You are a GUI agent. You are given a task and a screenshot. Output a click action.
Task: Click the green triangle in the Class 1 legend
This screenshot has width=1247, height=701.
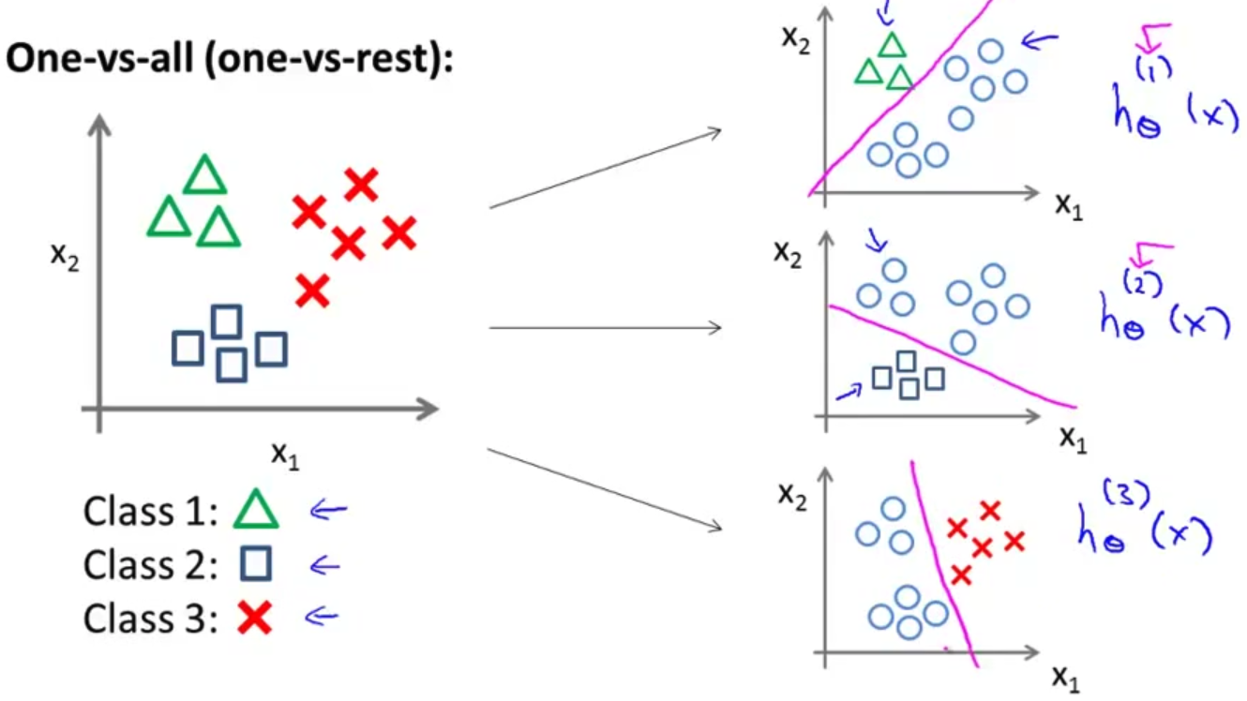coord(256,511)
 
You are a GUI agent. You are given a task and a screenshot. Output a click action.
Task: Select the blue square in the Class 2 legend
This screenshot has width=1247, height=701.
coord(255,564)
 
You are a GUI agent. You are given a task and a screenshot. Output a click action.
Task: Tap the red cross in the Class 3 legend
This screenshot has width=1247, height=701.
coord(254,618)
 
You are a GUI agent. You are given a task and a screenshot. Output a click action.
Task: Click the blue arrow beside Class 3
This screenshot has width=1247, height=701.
coord(322,616)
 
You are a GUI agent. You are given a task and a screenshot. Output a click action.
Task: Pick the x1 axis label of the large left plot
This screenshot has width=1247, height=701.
coord(286,455)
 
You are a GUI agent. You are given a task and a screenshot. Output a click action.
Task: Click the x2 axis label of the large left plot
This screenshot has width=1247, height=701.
coord(65,254)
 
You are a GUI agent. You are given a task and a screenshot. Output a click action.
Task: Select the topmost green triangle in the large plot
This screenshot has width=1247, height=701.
coord(204,175)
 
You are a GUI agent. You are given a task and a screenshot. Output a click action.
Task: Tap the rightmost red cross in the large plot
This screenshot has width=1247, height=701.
coord(399,232)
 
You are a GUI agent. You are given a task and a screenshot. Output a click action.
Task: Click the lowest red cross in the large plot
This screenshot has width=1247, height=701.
coord(312,291)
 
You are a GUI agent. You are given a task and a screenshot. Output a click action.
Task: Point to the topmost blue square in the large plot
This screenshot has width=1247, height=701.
coord(226,321)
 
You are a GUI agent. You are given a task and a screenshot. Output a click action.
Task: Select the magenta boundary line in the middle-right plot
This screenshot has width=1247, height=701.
coord(956,357)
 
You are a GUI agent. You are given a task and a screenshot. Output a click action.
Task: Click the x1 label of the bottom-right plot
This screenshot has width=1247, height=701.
coord(1066,677)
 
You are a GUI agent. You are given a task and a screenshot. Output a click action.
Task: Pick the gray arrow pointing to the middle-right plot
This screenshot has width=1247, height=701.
coord(605,328)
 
